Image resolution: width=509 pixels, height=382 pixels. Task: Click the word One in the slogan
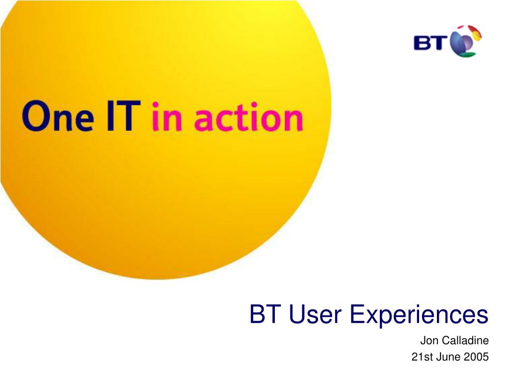58,116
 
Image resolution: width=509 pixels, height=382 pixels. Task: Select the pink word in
167,117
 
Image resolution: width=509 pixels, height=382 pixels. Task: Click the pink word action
249,117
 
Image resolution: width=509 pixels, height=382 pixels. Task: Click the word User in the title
315,314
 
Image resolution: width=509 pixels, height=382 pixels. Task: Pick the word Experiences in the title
419,315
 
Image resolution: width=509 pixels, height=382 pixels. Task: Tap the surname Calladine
465,340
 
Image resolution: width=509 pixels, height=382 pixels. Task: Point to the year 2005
476,357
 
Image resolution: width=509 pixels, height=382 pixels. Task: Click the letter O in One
36,116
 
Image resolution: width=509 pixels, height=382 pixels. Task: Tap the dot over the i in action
254,104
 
